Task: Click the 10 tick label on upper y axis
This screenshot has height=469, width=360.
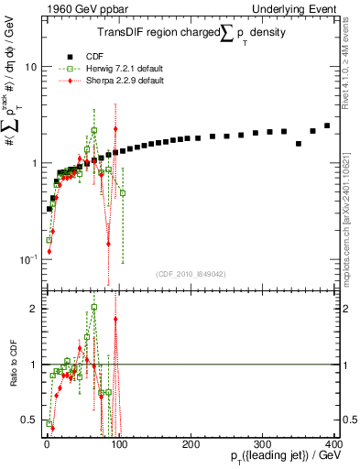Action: (30, 68)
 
